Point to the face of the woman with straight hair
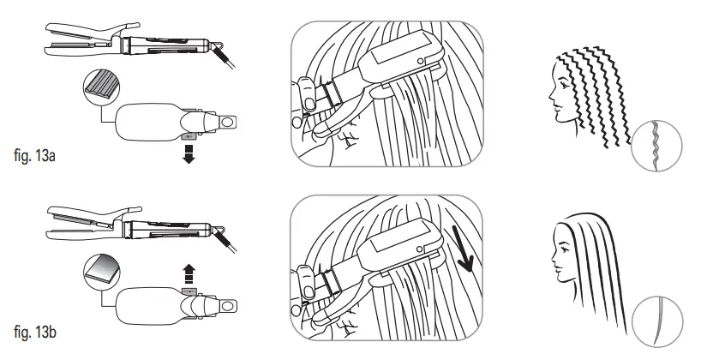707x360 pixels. (566, 257)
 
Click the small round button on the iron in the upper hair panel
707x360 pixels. (421, 59)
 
